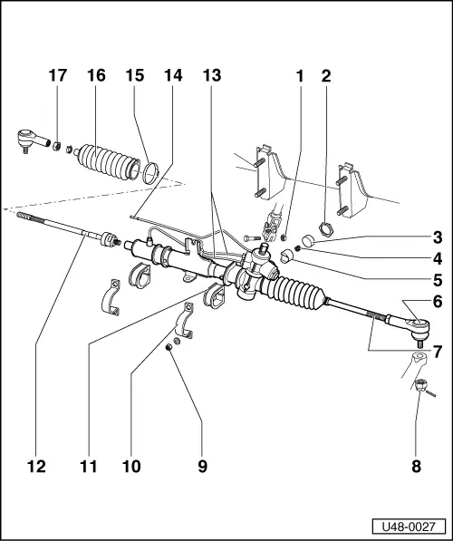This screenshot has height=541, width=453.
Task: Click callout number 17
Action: coord(57,76)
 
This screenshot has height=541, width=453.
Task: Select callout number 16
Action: coord(96,76)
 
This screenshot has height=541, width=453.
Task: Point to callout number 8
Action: coord(416,467)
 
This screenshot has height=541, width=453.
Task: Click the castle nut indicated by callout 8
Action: coord(420,387)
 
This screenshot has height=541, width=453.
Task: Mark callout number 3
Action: coord(437,239)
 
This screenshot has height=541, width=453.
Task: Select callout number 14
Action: coord(173,76)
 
